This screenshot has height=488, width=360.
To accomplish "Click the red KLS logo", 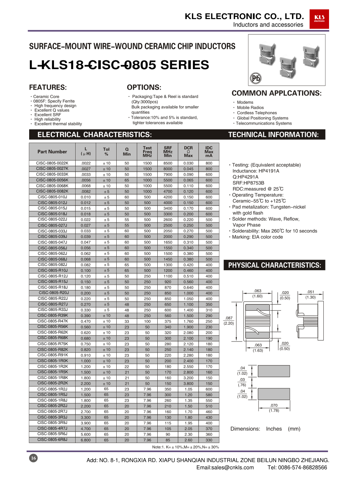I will point(319,19).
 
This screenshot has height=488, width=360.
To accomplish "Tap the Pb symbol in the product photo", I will point(256,78).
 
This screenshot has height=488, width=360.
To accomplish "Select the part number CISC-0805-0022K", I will point(52,163).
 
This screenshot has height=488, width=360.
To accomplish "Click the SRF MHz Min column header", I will point(168,152).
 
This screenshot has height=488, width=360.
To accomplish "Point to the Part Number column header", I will point(52,152).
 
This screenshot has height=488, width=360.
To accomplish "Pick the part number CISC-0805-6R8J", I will point(52,439).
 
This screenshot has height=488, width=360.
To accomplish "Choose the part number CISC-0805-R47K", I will point(53,321).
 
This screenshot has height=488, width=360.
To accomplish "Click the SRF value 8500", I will point(168,163).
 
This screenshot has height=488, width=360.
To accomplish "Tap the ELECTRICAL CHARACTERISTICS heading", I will point(95,135).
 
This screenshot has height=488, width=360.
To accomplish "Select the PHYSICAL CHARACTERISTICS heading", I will point(274,265).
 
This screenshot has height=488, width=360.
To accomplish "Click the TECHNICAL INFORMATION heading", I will point(273,135).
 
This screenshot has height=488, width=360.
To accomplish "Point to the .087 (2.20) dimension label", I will point(229,320).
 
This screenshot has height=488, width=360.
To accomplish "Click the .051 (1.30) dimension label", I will point(310,294).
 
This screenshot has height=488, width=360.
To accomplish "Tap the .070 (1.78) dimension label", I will point(274,408).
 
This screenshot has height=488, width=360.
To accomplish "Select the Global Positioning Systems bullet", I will point(262,118).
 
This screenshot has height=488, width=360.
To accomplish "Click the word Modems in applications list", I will point(245,102).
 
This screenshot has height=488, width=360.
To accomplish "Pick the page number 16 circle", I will point(33,458).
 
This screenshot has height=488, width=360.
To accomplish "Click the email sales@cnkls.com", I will point(225,467).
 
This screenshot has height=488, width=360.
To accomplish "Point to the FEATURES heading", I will point(48,87).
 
